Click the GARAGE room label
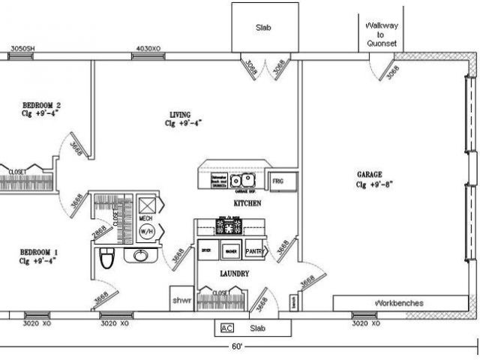pos(370,174)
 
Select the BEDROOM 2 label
pos(41,105)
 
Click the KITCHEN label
pos(247,203)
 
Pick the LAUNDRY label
pos(234,274)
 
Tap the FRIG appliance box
pos(278,181)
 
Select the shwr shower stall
pos(182,299)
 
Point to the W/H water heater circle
pos(146,231)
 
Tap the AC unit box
pos(226,328)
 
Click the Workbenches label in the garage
pos(398,304)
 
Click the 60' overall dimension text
pos(238,346)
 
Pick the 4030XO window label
pos(147,49)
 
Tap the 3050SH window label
pos(22,49)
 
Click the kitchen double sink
pos(243,181)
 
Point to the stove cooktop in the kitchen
pos(229,224)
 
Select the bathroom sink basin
pos(140,256)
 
